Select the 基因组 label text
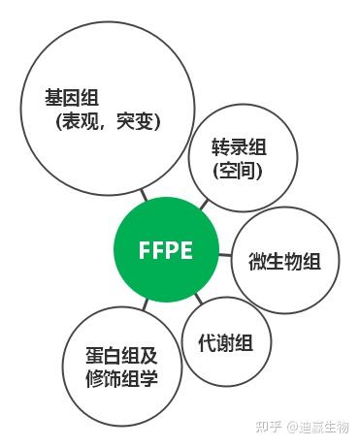point(72,98)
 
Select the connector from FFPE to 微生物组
point(223,256)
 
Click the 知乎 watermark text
point(267,427)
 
